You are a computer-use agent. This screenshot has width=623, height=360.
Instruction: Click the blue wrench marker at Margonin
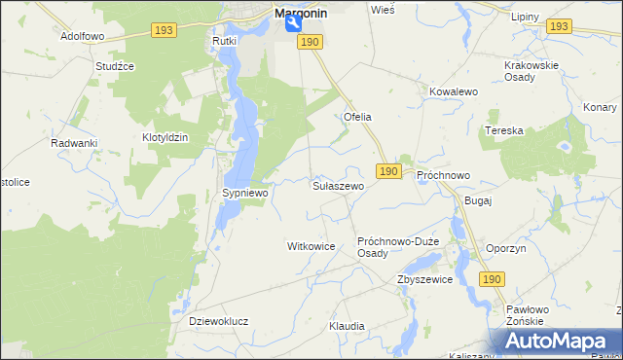[x=293, y=25]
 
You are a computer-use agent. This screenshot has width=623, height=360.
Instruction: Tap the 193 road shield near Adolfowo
[x=164, y=32]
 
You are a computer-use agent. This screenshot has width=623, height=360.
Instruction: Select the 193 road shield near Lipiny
[x=558, y=26]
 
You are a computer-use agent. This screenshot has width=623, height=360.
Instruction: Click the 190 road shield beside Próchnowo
[x=388, y=171]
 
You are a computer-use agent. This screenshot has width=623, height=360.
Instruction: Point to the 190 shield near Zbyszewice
[x=492, y=279]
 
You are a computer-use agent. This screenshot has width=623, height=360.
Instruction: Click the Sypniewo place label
[x=245, y=194]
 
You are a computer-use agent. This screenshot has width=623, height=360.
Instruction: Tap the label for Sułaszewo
[x=338, y=185]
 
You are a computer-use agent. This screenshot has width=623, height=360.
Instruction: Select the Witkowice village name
[x=311, y=247]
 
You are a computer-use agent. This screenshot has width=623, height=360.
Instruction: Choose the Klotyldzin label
[x=165, y=138]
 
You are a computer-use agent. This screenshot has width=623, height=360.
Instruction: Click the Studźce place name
[x=114, y=66]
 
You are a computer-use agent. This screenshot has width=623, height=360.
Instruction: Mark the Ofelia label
[x=357, y=117]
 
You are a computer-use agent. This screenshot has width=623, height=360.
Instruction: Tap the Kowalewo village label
[x=453, y=91]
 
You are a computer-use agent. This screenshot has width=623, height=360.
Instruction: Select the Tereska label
[x=504, y=130]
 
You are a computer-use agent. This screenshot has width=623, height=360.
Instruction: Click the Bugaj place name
[x=479, y=200]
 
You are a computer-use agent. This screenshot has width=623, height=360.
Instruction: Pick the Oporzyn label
[x=505, y=248]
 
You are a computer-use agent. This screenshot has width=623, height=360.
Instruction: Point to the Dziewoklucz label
[x=218, y=320]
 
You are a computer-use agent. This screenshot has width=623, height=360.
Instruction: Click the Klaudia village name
[x=347, y=326]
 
